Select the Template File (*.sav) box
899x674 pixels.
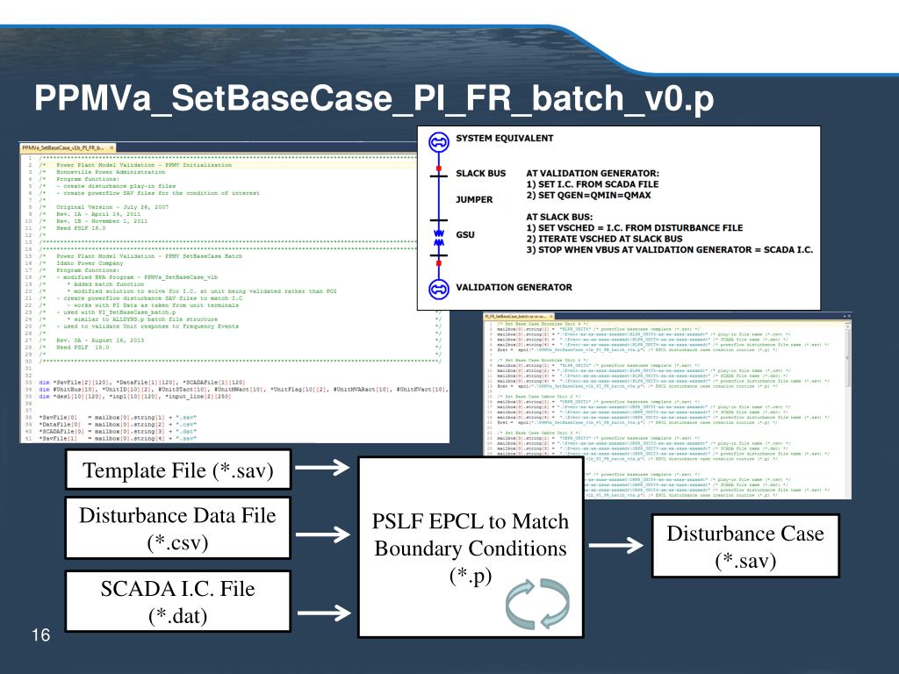(177, 471)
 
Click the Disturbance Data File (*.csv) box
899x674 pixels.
(177, 528)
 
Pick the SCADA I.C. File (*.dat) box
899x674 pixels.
(177, 601)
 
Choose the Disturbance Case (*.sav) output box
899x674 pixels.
(745, 546)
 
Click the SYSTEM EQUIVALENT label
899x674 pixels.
(504, 139)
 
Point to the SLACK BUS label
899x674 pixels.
(481, 174)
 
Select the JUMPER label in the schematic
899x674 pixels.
(474, 200)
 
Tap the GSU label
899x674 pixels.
(465, 235)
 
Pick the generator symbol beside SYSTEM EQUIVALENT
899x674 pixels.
(437, 141)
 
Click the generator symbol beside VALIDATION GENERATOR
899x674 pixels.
(437, 288)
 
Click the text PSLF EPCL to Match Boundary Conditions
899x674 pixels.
(471, 535)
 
